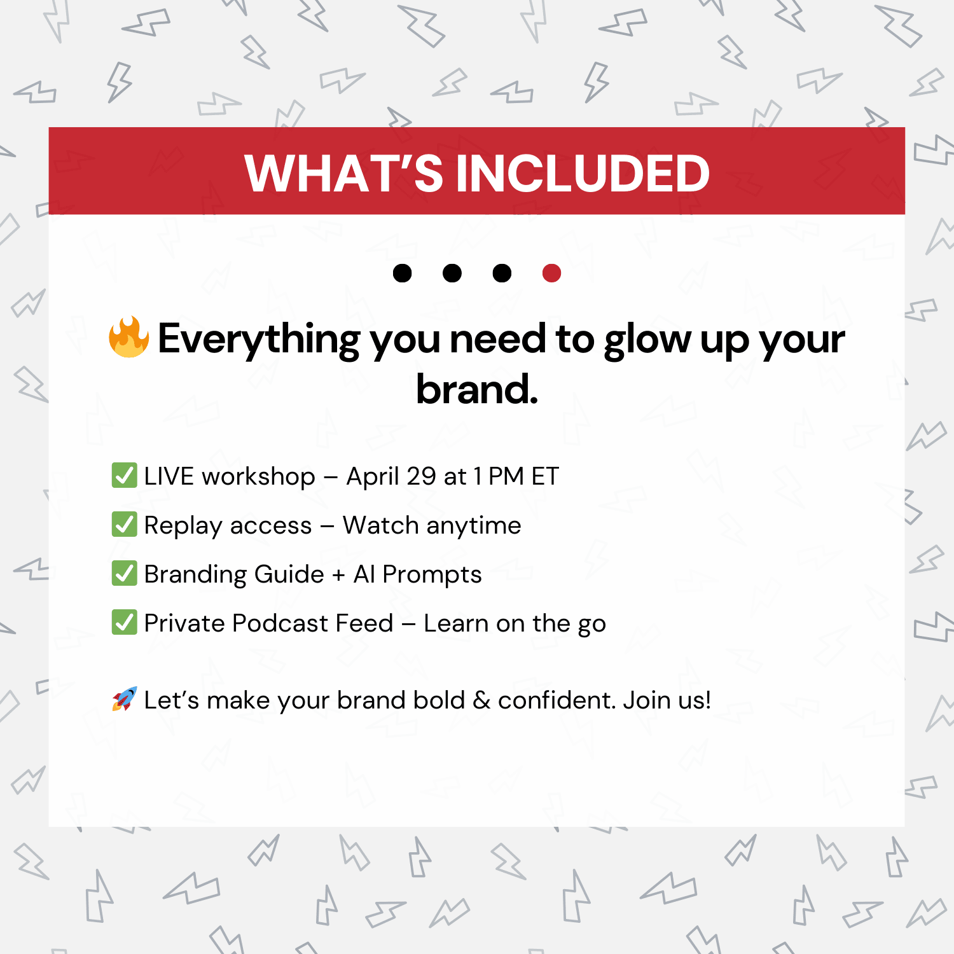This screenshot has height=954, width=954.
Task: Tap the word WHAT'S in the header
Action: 343,173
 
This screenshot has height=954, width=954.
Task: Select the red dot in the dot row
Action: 551,273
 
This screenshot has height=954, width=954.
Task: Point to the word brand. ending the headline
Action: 477,389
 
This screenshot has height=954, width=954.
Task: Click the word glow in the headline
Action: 647,340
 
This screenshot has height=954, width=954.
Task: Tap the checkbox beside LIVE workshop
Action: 124,476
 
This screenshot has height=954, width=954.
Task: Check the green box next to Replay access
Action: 124,525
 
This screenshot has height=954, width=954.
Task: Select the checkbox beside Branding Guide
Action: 124,574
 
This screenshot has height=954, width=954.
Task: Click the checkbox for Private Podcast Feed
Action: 124,623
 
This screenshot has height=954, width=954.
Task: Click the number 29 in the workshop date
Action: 421,476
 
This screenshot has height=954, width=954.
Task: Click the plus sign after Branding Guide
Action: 339,575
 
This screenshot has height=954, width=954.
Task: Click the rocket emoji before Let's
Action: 125,699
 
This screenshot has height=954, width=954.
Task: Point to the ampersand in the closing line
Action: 481,700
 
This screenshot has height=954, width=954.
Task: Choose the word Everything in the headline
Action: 259,340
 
